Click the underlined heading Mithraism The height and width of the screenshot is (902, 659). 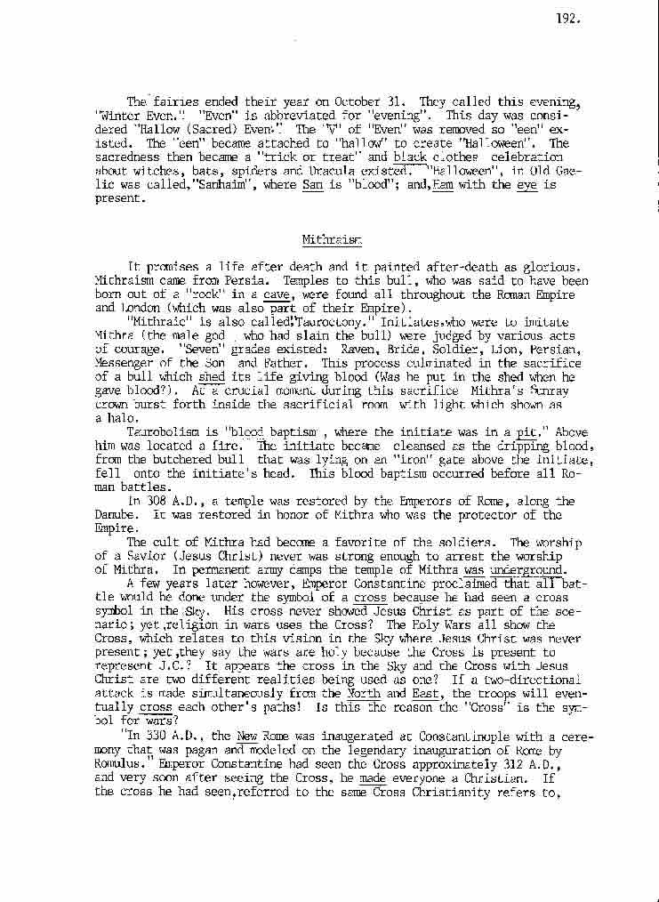pyautogui.click(x=323, y=239)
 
